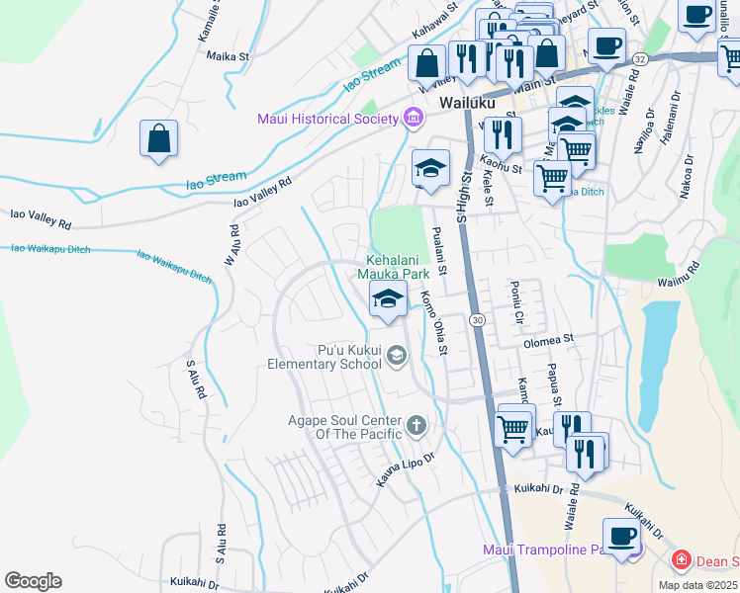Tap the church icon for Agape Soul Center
pyautogui.click(x=416, y=427)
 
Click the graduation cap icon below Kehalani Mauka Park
pyautogui.click(x=388, y=298)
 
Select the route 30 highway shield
pyautogui.click(x=478, y=320)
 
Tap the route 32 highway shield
pyautogui.click(x=641, y=59)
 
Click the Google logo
pyautogui.click(x=33, y=581)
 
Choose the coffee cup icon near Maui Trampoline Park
pyautogui.click(x=621, y=537)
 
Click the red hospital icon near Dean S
pyautogui.click(x=681, y=561)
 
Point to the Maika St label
pyautogui.click(x=226, y=56)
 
